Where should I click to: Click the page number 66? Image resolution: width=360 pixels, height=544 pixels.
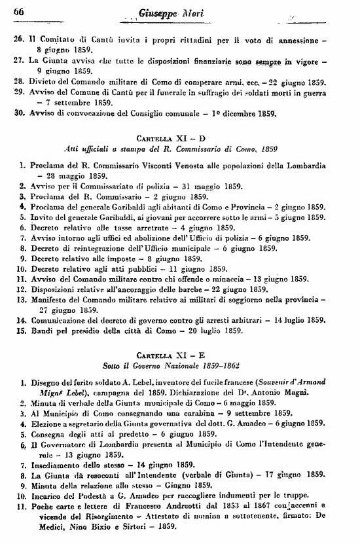(18, 10)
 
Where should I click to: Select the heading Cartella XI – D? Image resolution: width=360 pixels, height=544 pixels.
(181, 139)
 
